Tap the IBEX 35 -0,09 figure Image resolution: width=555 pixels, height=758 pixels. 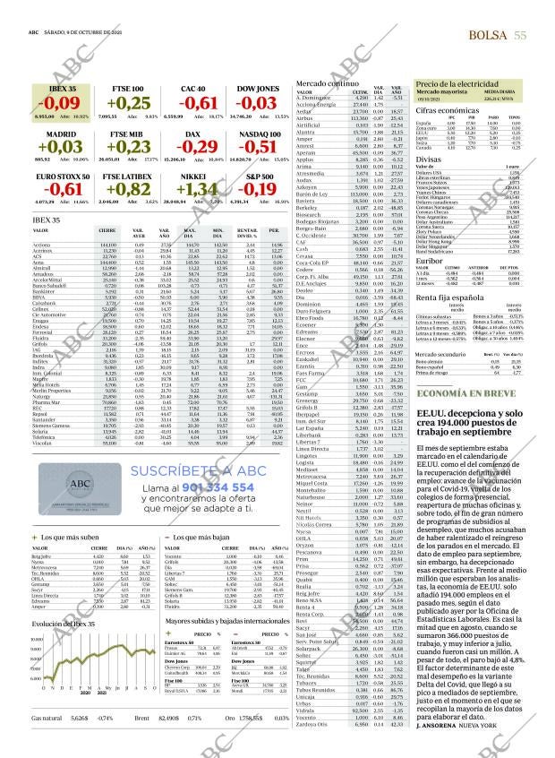coord(60,103)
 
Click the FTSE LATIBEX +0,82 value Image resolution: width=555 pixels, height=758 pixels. coord(127,188)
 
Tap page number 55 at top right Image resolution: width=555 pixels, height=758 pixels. coord(520,34)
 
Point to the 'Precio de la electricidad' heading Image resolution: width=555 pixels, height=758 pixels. coord(456,82)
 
